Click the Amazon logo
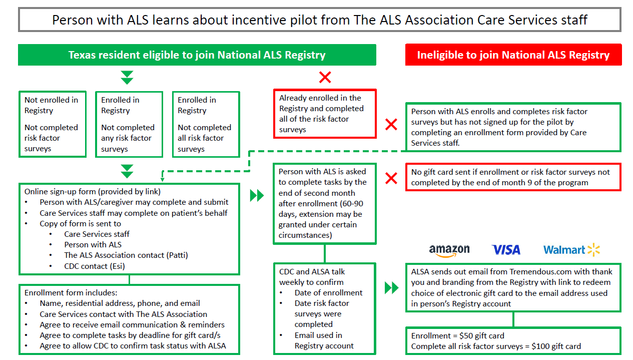click(449, 250)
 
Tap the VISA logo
click(506, 250)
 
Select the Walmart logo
click(571, 250)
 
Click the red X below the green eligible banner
click(325, 77)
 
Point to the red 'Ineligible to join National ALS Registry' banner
click(513, 55)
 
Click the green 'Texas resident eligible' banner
click(197, 55)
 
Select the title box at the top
click(319, 20)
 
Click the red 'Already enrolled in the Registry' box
click(324, 114)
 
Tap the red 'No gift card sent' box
click(513, 177)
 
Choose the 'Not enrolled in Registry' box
click(53, 124)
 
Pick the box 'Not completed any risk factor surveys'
click(129, 124)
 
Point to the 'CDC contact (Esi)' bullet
click(94, 266)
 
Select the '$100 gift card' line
click(495, 346)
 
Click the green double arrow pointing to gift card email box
click(391, 288)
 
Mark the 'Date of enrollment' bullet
click(328, 292)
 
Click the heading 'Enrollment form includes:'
click(71, 292)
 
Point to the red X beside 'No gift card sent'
click(391, 178)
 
